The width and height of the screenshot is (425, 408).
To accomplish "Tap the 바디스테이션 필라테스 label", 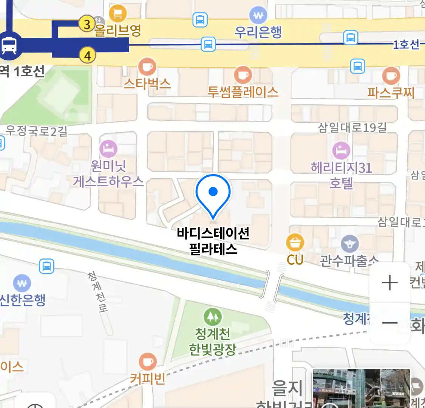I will click(213, 241).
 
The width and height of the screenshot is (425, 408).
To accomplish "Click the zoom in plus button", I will click(389, 283).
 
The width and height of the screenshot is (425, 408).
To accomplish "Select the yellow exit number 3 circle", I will click(87, 24).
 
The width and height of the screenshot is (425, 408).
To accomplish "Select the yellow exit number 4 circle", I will click(87, 56).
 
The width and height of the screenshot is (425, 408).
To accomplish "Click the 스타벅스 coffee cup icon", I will click(147, 67).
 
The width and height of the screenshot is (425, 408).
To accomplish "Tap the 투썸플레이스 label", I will click(243, 92).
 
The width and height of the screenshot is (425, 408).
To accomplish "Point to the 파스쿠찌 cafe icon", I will click(391, 76).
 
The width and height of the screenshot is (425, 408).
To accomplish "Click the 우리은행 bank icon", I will click(258, 16).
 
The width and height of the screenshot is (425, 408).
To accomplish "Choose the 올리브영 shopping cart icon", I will click(118, 14).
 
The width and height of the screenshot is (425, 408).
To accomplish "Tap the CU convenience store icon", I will click(295, 243).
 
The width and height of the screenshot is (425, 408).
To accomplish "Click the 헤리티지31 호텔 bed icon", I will click(341, 151).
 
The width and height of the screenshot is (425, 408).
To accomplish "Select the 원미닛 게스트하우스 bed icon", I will click(108, 149).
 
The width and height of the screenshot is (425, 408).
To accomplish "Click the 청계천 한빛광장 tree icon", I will click(213, 317).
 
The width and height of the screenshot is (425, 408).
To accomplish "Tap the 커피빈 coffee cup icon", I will click(147, 362).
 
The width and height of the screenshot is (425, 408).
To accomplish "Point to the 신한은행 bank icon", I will click(22, 283).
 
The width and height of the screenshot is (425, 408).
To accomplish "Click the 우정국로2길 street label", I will click(36, 131).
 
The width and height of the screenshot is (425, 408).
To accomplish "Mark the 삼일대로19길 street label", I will click(352, 127).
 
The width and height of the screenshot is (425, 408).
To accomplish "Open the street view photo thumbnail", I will click(361, 388).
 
